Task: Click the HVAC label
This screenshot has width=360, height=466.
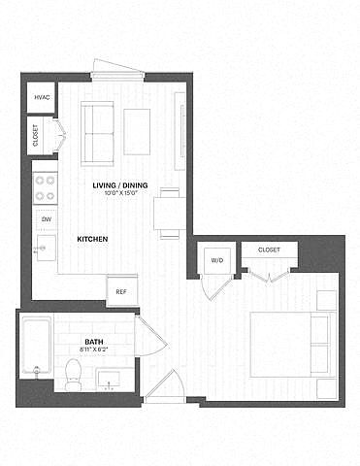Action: click(42, 97)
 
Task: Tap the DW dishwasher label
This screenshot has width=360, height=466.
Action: click(47, 219)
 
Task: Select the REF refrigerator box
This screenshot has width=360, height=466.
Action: click(122, 290)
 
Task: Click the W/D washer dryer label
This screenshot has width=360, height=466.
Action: click(217, 260)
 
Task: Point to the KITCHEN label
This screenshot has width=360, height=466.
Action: click(92, 239)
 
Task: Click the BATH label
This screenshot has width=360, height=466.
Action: click(94, 342)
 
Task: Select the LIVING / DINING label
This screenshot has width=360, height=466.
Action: click(120, 185)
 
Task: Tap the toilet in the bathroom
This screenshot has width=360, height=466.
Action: click(73, 375)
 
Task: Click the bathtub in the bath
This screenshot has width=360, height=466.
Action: click(37, 347)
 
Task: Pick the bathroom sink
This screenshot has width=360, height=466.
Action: click(110, 380)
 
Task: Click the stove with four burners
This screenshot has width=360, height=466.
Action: click(46, 188)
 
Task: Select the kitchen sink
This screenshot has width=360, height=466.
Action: click(46, 249)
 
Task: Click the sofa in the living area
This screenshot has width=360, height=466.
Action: click(97, 134)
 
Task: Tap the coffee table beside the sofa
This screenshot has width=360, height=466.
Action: click(137, 132)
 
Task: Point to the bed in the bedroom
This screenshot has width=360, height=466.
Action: click(293, 345)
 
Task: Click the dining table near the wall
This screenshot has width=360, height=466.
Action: click(170, 214)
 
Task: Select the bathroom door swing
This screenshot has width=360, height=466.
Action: click(151, 337)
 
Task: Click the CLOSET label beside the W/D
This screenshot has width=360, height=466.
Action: click(269, 250)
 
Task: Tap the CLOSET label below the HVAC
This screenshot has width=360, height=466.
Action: click(36, 135)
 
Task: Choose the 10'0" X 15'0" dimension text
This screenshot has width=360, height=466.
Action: click(121, 193)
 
